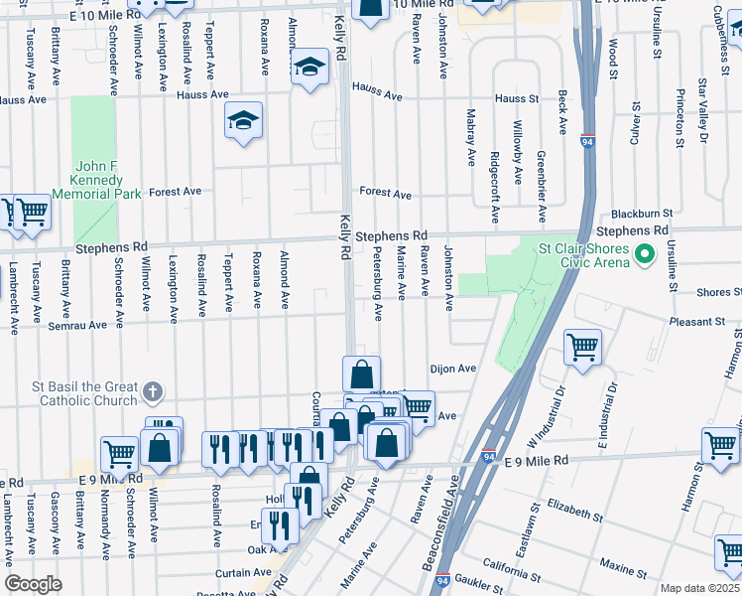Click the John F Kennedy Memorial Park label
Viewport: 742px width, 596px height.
point(98,180)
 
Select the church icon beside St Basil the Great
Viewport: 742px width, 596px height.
point(151,390)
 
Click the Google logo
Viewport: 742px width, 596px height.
point(33,584)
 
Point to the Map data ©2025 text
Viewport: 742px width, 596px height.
point(700,588)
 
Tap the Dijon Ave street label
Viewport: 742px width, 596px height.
point(453,368)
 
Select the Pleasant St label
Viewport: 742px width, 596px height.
point(697,322)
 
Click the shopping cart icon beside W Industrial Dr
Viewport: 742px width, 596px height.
point(582,347)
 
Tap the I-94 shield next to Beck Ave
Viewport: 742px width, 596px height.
point(588,142)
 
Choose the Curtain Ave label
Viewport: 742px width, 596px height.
point(244,572)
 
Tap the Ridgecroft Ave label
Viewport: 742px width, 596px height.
point(494,187)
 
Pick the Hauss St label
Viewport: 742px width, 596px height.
point(516,98)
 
